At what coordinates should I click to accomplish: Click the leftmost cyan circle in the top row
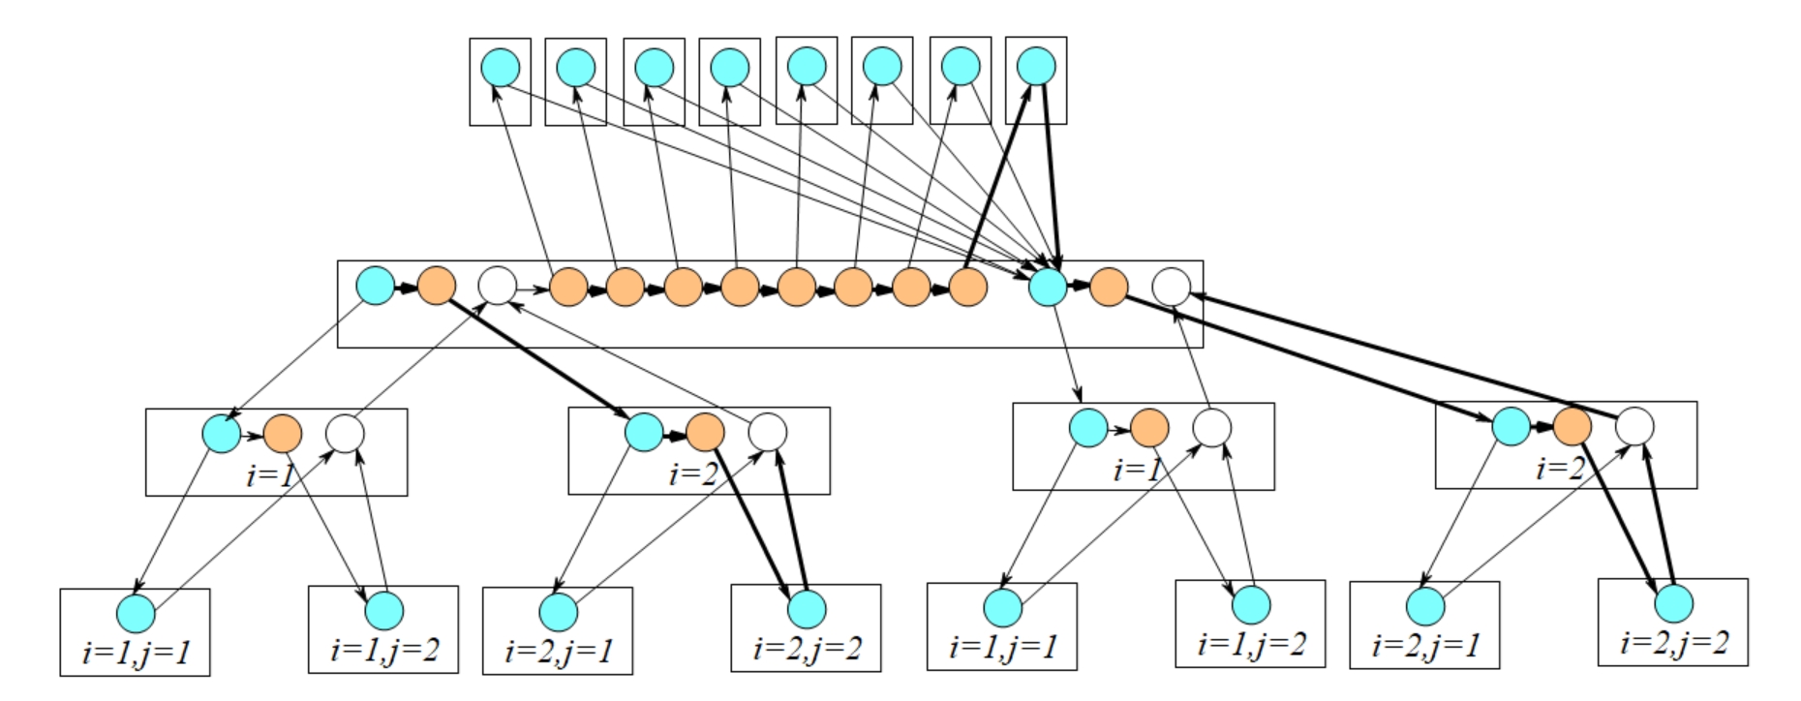(x=500, y=68)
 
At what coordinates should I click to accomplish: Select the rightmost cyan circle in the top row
(x=1036, y=67)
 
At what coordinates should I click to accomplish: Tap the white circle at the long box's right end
(x=1171, y=287)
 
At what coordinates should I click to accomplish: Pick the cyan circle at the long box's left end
(x=376, y=286)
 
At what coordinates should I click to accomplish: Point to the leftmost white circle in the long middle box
(x=498, y=287)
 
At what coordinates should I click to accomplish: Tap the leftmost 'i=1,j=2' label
(x=383, y=649)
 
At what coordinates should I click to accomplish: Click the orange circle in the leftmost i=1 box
(x=282, y=433)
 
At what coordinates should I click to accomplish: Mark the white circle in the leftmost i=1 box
(x=345, y=434)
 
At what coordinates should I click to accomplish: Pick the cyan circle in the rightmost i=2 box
(x=1511, y=425)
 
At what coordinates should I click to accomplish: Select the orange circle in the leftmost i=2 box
(x=705, y=432)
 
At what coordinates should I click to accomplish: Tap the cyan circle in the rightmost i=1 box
(x=1088, y=427)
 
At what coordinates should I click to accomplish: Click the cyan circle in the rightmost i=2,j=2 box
(x=1673, y=603)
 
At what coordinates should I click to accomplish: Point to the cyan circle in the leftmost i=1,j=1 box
(x=136, y=613)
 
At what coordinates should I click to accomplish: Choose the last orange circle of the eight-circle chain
(x=967, y=287)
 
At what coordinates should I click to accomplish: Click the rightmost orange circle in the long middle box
(x=1109, y=287)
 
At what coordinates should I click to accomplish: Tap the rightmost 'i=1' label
(x=1135, y=471)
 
